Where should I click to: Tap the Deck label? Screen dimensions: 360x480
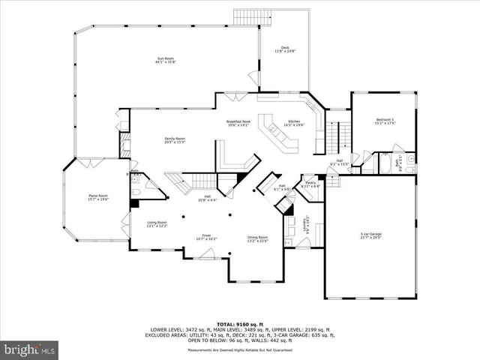click(285, 49)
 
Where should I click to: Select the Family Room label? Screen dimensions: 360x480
click(175, 140)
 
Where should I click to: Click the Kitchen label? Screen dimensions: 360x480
click(294, 124)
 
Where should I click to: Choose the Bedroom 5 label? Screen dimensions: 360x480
click(385, 121)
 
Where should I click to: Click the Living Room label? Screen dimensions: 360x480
click(157, 224)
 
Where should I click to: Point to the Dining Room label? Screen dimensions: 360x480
click(258, 239)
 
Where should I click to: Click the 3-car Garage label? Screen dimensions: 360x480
click(371, 236)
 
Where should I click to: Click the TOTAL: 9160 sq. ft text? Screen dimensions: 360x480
click(239, 322)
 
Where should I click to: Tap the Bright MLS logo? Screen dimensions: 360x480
click(30, 349)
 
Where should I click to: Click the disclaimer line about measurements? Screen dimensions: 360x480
click(239, 350)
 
